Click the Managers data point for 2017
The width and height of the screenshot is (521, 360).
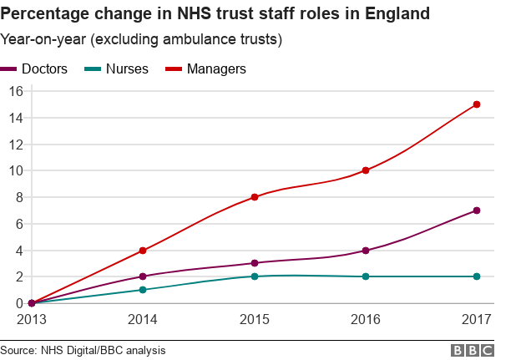pos(477,104)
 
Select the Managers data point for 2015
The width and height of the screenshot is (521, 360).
pos(255,197)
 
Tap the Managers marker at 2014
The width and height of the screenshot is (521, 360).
pos(143,251)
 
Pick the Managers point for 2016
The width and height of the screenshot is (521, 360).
pos(366,170)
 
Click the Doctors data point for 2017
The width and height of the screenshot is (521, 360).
pos(477,210)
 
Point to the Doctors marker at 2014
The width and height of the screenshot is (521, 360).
pos(143,276)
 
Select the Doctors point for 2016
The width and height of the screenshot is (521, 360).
pos(366,251)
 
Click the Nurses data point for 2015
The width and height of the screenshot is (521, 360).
pos(255,276)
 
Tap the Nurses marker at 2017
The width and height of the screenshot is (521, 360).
pos(477,276)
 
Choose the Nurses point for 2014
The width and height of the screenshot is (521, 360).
pos(143,290)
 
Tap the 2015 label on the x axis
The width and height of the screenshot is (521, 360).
pos(255,320)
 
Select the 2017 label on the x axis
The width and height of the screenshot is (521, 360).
pos(477,320)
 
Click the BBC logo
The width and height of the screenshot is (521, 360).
pos(473,350)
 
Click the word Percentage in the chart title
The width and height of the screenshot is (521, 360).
pos(51,14)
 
